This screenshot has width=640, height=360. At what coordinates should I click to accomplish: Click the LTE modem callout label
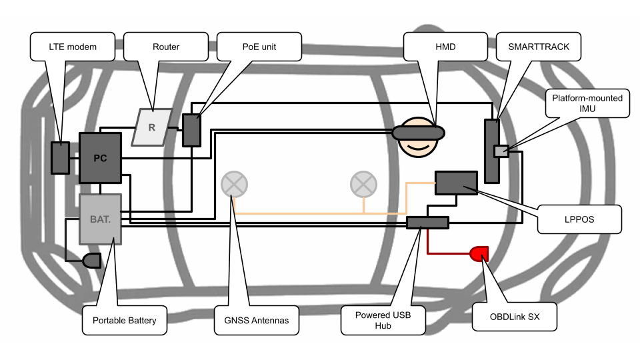[x=73, y=47]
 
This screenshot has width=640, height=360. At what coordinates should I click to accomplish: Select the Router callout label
[x=166, y=47]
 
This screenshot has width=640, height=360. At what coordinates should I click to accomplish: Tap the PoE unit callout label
[x=259, y=47]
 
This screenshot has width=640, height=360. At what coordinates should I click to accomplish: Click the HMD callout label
[x=445, y=47]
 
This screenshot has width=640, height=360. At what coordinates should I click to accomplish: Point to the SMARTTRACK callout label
[x=539, y=47]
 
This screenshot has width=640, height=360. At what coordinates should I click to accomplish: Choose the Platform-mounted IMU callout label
[x=587, y=103]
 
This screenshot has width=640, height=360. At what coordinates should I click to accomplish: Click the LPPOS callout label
[x=579, y=219]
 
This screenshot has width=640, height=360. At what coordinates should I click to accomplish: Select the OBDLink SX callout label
[x=514, y=317]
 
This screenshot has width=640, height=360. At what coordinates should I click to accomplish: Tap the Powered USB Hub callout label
[x=383, y=321]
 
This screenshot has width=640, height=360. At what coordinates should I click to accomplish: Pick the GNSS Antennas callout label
[x=256, y=321]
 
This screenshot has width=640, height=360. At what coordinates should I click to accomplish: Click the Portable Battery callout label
[x=125, y=321]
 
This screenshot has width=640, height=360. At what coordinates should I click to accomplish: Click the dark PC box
[x=101, y=158]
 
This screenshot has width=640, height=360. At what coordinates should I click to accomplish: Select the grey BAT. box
[x=101, y=219]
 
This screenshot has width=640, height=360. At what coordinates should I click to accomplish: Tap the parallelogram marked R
[x=152, y=127]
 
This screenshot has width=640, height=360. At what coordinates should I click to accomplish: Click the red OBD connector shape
[x=479, y=253]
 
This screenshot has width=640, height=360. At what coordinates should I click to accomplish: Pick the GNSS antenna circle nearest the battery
[x=234, y=185]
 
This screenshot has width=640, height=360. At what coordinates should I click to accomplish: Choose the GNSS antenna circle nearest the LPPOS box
[x=363, y=185]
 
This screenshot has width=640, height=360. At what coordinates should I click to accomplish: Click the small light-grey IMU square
[x=501, y=151]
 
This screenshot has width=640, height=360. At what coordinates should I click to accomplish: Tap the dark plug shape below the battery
[x=92, y=261]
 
